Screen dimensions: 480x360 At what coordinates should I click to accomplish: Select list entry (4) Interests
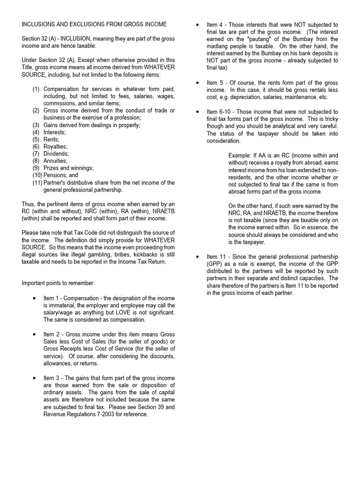(x=55, y=132)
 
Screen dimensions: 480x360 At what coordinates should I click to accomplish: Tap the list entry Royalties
(x=56, y=146)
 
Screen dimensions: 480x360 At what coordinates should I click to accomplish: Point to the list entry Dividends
(x=56, y=153)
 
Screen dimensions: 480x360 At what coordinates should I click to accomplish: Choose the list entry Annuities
(x=56, y=160)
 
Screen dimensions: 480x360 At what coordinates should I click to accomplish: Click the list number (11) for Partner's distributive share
(x=37, y=183)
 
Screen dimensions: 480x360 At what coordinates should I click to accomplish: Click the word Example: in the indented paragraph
(x=240, y=155)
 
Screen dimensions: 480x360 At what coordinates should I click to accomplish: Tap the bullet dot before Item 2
(x=34, y=335)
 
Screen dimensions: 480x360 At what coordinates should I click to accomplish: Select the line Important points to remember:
(x=58, y=283)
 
